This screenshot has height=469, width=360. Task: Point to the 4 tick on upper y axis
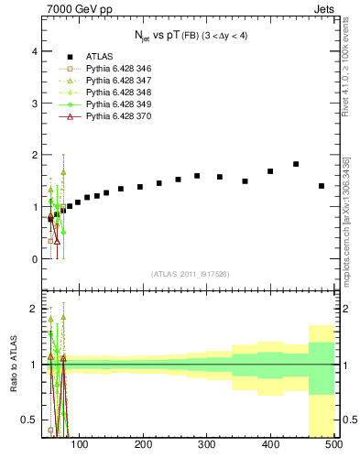pos(36,52)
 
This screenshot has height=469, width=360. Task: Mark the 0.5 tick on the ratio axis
pos(32,420)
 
